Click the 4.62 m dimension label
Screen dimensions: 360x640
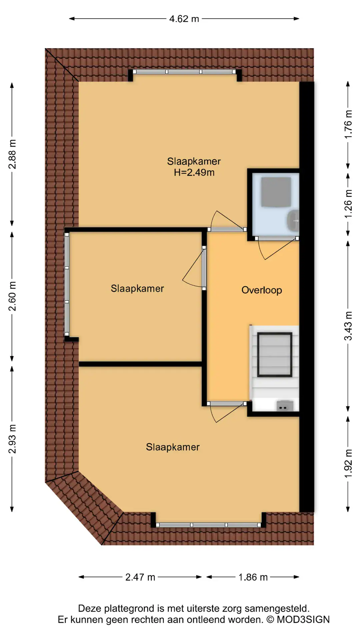click(x=184, y=19)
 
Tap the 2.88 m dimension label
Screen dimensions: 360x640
click(x=12, y=154)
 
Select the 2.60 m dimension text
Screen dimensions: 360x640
click(x=12, y=296)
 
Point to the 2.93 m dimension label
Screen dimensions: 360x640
click(x=12, y=439)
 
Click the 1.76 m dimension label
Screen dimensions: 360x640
click(x=348, y=124)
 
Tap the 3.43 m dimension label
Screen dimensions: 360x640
click(x=348, y=326)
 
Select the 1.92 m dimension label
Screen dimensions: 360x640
click(x=348, y=463)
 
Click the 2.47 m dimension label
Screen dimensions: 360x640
click(x=140, y=577)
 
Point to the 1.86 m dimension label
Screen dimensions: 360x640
click(x=253, y=577)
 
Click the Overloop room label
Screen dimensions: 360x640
click(x=262, y=290)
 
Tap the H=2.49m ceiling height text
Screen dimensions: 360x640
click(x=194, y=172)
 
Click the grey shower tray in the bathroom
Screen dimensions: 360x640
click(x=276, y=192)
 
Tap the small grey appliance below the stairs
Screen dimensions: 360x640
click(x=285, y=406)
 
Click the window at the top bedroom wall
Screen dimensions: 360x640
click(x=184, y=72)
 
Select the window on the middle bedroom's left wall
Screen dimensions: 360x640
click(x=67, y=284)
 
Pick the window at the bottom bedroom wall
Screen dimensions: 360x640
click(x=209, y=525)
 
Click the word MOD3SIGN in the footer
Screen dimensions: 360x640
click(x=303, y=620)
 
